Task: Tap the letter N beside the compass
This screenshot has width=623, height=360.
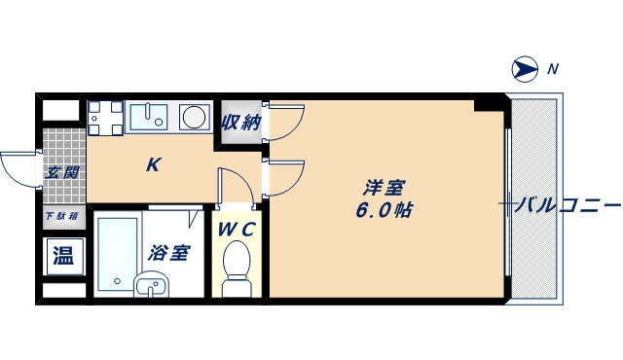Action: click(553, 68)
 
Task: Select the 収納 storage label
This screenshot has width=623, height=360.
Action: click(240, 123)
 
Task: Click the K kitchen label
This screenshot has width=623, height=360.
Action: click(153, 164)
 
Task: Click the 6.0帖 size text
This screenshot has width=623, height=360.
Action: click(384, 209)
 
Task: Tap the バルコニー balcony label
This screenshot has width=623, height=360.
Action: click(568, 204)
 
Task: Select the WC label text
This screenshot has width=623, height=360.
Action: click(237, 230)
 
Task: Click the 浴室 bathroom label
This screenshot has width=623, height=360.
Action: click(168, 253)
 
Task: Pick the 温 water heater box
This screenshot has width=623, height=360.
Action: click(63, 256)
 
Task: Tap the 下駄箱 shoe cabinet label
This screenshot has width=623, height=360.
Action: click(61, 217)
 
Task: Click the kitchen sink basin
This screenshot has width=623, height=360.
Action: click(150, 116)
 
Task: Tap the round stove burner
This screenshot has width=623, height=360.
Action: click(195, 117)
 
